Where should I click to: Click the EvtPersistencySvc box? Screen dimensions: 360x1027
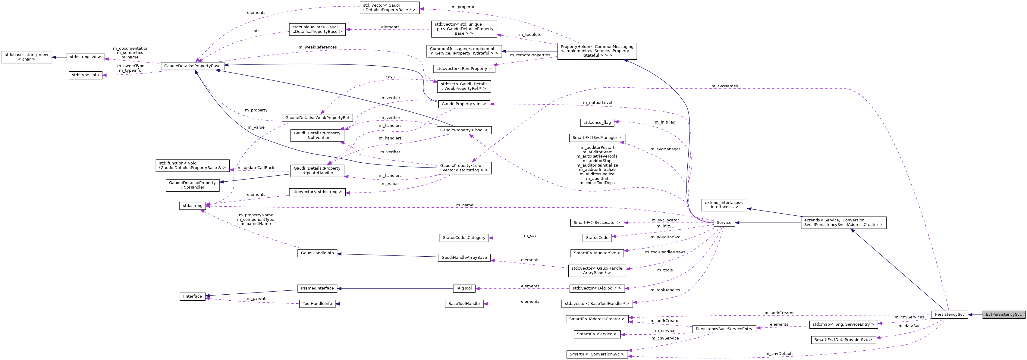tap(1003, 314)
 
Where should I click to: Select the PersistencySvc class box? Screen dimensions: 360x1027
tap(949, 314)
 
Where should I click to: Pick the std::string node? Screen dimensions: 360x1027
tap(192, 206)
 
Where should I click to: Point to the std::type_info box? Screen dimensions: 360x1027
tap(85, 75)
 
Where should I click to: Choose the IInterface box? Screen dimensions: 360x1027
tap(192, 296)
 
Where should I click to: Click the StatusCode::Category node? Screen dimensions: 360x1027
tap(464, 238)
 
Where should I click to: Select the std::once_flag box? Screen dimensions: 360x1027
tap(597, 122)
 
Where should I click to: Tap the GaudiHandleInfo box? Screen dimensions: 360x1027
tap(317, 253)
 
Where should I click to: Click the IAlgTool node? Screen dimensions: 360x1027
tap(464, 288)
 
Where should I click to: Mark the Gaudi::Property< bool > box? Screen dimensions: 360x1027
tap(464, 130)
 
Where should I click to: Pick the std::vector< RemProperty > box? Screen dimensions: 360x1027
tap(464, 69)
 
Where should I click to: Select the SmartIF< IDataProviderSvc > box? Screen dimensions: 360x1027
tap(843, 340)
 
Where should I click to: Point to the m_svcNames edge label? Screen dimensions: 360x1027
tap(724, 86)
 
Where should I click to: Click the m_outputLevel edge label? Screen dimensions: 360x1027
tap(597, 102)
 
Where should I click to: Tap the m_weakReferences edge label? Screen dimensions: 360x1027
tap(317, 47)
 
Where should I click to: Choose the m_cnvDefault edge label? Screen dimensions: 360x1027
tap(779, 354)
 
